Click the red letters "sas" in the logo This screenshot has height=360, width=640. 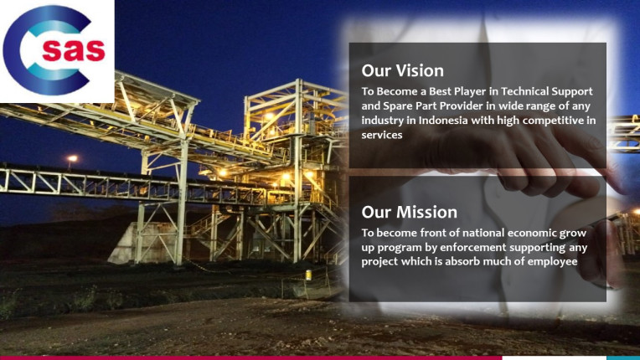click(x=74, y=49)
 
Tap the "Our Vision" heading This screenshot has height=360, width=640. click(x=402, y=70)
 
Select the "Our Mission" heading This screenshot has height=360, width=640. click(x=409, y=212)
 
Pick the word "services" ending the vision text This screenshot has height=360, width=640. click(x=382, y=135)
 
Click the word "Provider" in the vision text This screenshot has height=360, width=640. click(x=462, y=105)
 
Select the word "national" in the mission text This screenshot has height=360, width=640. click(x=443, y=233)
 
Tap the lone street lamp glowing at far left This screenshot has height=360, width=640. click(x=72, y=158)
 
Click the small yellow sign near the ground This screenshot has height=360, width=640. click(x=308, y=275)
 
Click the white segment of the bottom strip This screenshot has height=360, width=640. click(x=554, y=358)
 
